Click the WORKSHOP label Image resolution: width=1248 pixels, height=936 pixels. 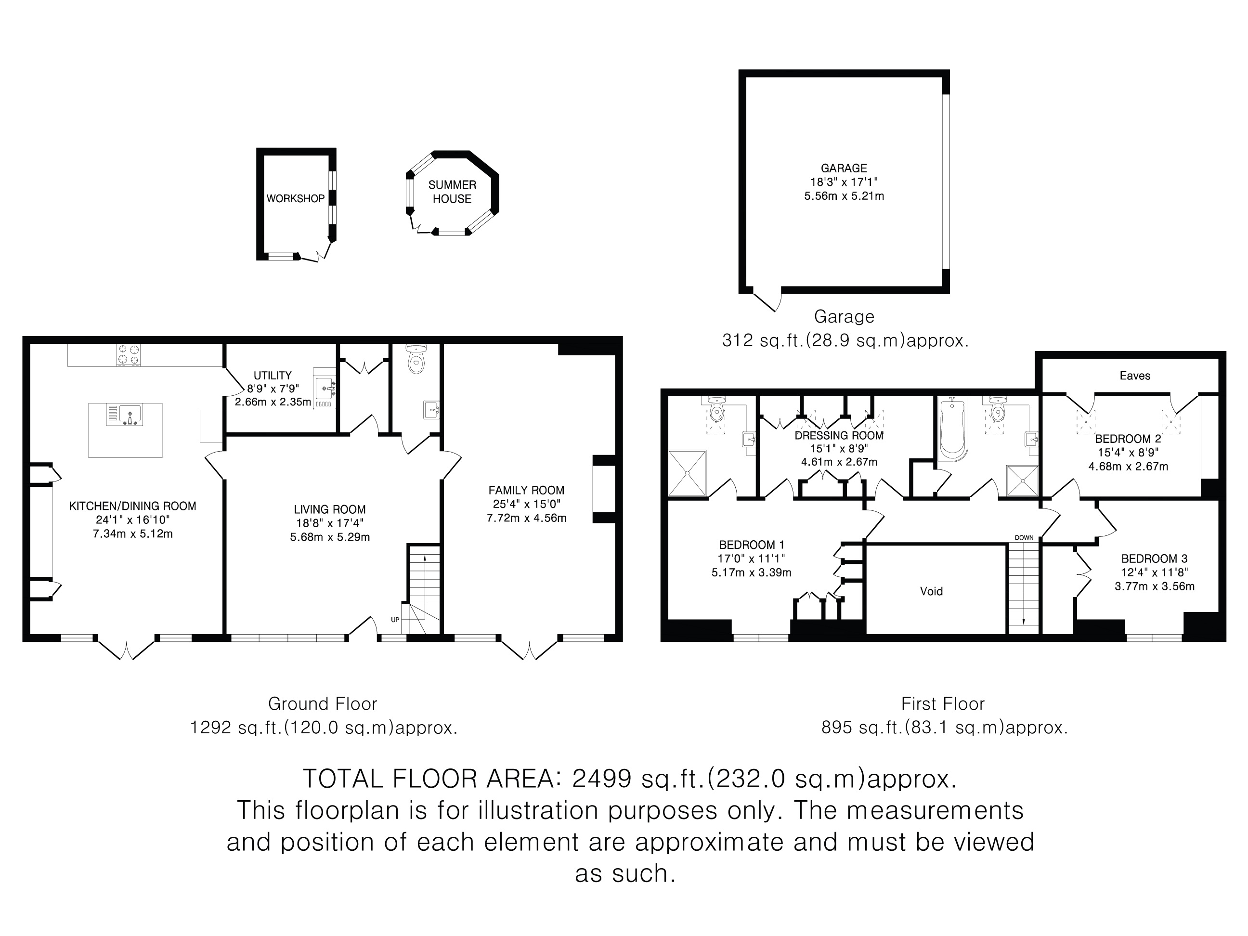point(296,198)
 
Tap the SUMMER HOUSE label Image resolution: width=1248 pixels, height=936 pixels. point(452,192)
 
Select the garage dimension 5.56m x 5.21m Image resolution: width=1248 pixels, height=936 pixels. point(844,196)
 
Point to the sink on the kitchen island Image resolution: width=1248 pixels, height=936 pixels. point(130,415)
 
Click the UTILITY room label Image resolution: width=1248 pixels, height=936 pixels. point(273,375)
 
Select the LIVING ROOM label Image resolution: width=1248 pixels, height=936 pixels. point(329,509)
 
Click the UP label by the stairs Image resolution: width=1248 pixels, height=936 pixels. point(395,620)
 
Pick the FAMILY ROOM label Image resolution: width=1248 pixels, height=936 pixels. point(526,490)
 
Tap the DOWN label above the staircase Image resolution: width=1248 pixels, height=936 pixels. point(1024,538)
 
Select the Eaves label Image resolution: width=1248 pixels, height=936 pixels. point(1134,376)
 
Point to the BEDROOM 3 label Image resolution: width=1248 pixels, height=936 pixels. point(1154,559)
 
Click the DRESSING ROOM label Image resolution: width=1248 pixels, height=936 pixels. point(839,436)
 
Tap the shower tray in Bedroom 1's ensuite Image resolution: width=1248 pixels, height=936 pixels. point(687,473)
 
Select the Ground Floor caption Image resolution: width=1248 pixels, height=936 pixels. point(323,703)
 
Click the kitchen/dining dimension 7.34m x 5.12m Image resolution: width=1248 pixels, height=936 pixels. point(132,534)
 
